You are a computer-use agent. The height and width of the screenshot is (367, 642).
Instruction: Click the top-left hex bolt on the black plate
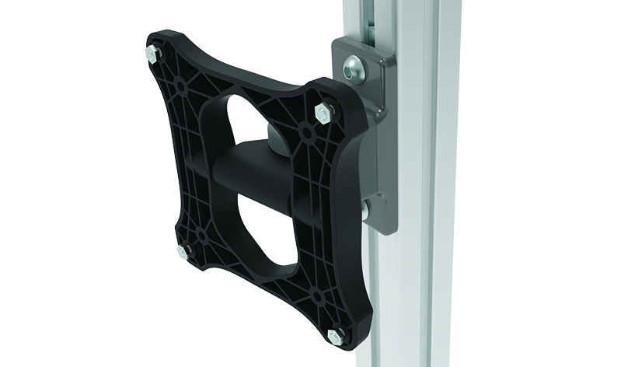pos(150,54)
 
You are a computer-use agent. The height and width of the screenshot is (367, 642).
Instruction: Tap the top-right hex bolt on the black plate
pos(320,114)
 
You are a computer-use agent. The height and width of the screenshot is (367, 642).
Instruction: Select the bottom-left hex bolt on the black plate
pos(183,250)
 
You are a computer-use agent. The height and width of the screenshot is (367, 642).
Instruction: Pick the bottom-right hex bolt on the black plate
pos(335,335)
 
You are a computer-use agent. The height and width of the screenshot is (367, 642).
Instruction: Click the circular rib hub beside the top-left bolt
pos(180,80)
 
